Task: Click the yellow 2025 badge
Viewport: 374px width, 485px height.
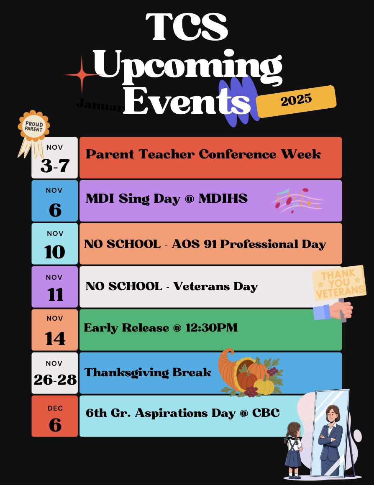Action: click(x=296, y=101)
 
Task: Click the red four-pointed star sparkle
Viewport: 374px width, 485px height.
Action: click(x=82, y=74)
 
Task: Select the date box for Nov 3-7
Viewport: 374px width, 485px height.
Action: click(x=55, y=158)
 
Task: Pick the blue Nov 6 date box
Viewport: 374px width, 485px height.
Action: click(x=55, y=201)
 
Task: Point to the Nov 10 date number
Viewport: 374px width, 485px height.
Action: click(x=55, y=252)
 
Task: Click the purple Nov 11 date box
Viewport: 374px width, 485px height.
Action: click(x=55, y=287)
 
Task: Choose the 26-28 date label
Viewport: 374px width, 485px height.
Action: click(x=55, y=379)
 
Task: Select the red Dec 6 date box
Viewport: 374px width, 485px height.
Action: click(x=55, y=416)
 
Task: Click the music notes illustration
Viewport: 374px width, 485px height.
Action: click(x=298, y=200)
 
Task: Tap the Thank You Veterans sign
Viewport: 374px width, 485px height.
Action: click(x=339, y=283)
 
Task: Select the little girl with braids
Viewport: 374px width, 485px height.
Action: click(x=294, y=449)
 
